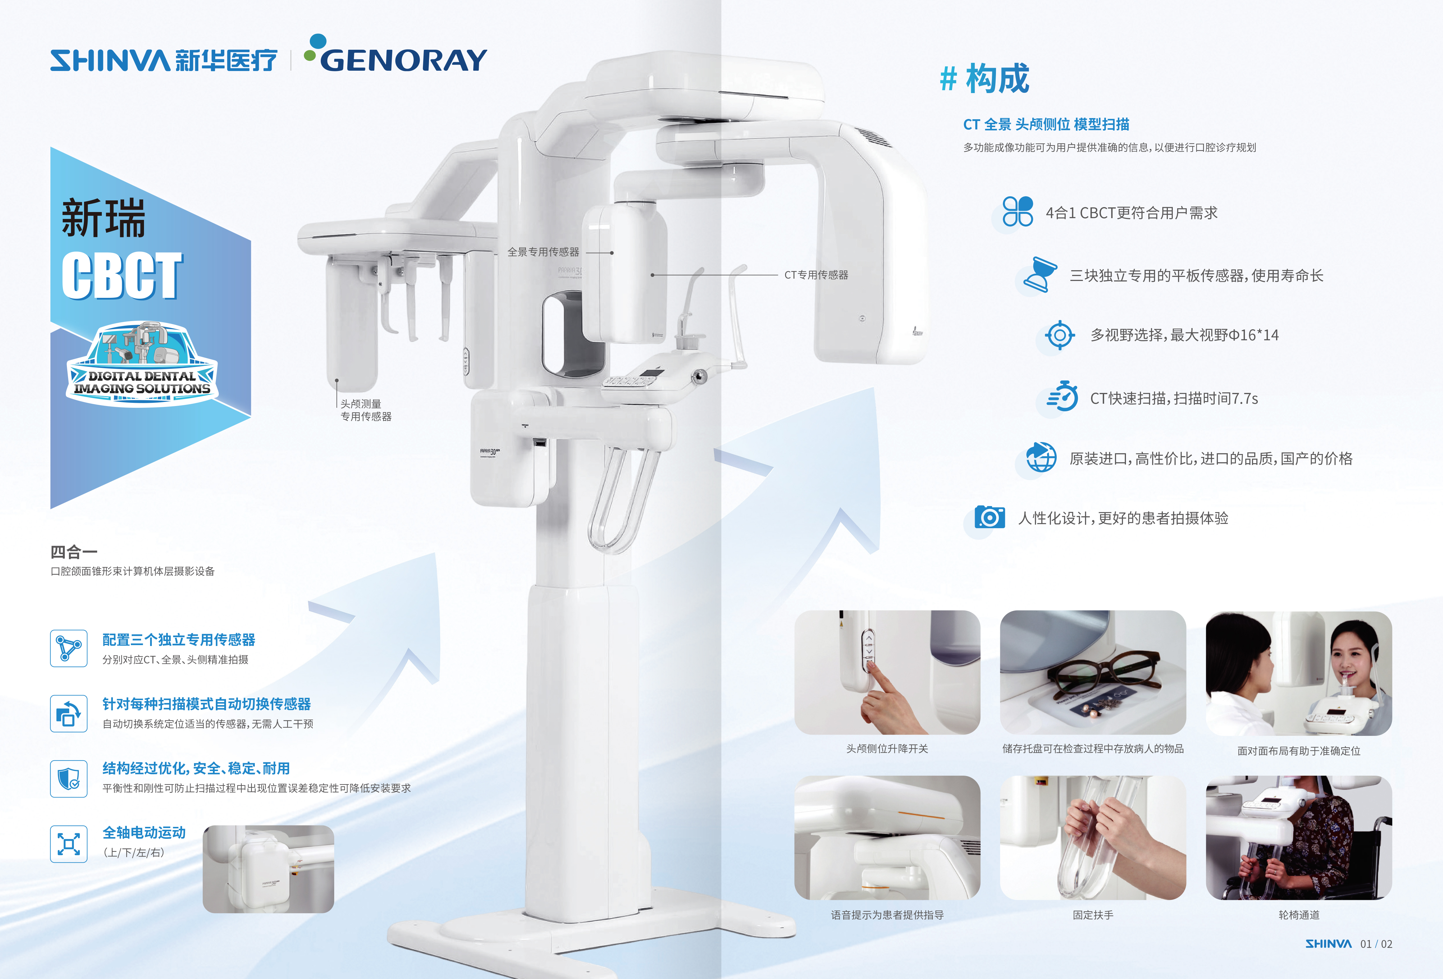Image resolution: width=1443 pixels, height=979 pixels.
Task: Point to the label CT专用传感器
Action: (x=816, y=275)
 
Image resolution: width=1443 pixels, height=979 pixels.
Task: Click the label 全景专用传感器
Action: (x=543, y=252)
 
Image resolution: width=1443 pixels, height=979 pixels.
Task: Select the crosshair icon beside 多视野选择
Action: (x=1060, y=335)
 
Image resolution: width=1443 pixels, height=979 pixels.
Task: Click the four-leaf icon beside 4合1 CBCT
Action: (x=1018, y=212)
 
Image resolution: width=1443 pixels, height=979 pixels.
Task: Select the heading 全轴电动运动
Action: (x=144, y=832)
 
